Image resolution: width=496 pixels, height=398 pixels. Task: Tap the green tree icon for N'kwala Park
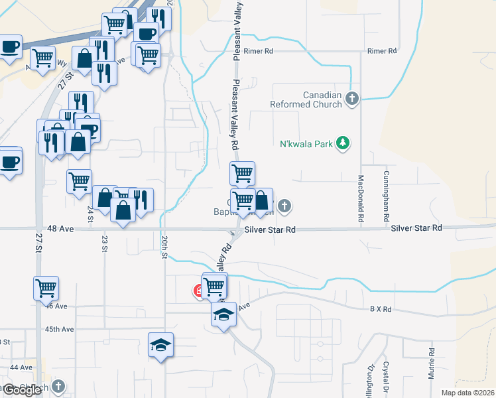[343, 143]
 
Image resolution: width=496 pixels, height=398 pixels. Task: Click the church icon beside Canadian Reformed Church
[351, 99]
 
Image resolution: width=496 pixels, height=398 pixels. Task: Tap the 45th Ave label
[60, 329]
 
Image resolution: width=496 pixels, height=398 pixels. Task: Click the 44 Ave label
[21, 367]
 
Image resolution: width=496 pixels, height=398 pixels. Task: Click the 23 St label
[105, 243]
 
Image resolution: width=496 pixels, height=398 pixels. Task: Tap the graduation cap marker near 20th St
[160, 345]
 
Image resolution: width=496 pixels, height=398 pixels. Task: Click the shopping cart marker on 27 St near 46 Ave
[46, 288]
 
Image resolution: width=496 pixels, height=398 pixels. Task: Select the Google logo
[23, 390]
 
